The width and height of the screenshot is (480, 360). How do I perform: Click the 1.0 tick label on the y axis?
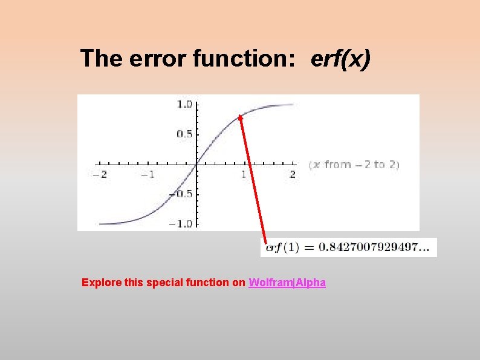pos(184,105)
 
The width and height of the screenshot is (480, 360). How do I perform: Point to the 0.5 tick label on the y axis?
pos(184,134)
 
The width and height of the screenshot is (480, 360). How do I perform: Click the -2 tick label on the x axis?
pos(99,175)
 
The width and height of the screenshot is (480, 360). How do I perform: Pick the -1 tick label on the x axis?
pos(148,175)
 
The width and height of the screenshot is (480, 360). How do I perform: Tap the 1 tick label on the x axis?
pos(244,175)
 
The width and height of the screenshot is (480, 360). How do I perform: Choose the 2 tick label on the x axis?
pos(293,175)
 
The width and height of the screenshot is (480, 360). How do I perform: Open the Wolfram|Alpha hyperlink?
pos(287,283)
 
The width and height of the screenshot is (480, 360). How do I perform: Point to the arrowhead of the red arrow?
pos(240,118)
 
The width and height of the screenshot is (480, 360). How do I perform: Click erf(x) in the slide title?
pos(340,59)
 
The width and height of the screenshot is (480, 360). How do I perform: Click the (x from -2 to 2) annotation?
pos(354,165)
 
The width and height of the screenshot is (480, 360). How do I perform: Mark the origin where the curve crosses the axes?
pos(196,163)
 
